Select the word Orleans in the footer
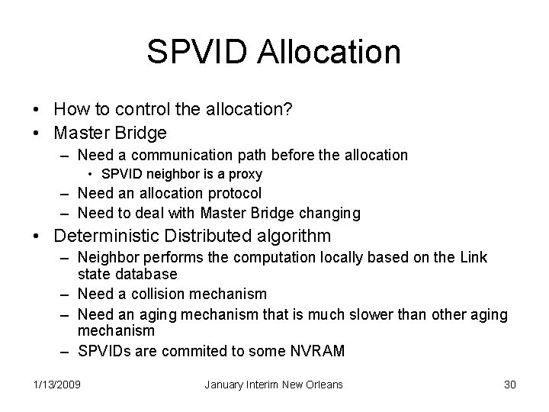(x=324, y=384)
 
